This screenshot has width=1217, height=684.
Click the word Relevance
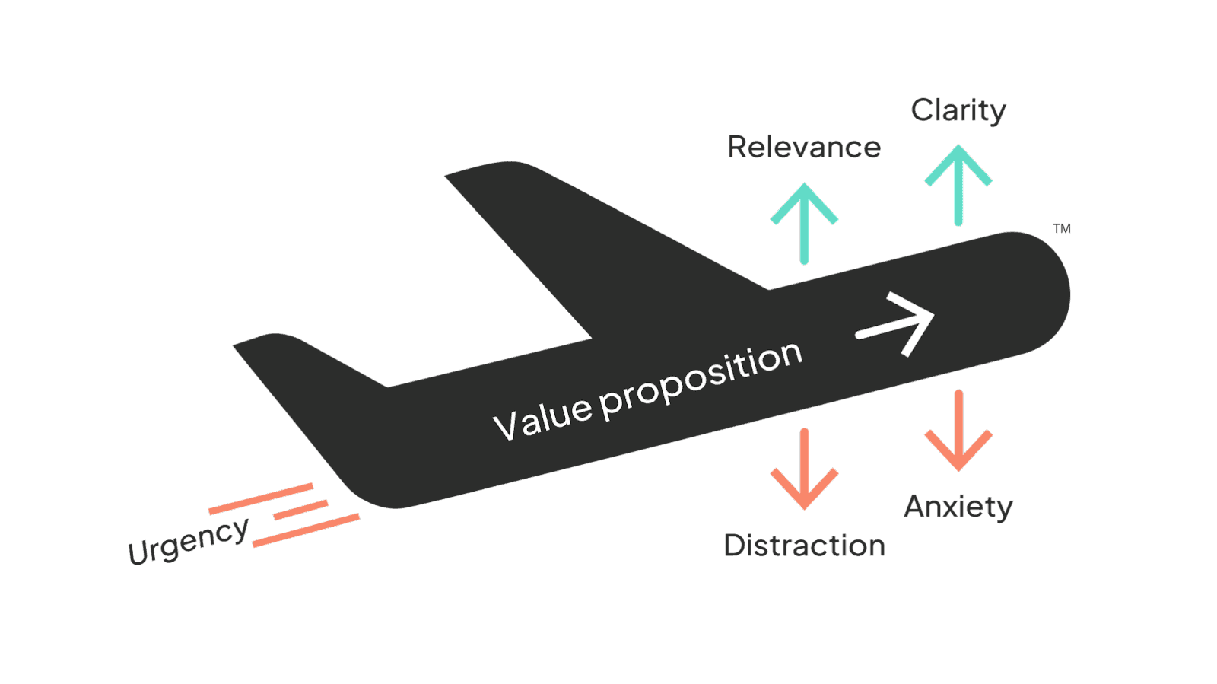click(x=804, y=147)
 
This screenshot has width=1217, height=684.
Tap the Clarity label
click(x=958, y=111)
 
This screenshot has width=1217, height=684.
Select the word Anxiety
click(x=958, y=507)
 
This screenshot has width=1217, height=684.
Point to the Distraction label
click(x=805, y=546)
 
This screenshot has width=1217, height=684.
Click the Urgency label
click(x=188, y=541)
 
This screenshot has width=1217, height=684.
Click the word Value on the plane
click(x=542, y=418)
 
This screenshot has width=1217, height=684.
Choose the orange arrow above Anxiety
click(x=958, y=431)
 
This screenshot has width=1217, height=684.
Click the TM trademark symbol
click(x=1062, y=228)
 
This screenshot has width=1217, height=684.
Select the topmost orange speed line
click(x=261, y=498)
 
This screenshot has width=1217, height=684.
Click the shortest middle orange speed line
click(x=301, y=510)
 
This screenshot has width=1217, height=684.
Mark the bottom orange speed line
click(x=306, y=530)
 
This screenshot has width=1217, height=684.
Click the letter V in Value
click(x=506, y=427)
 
